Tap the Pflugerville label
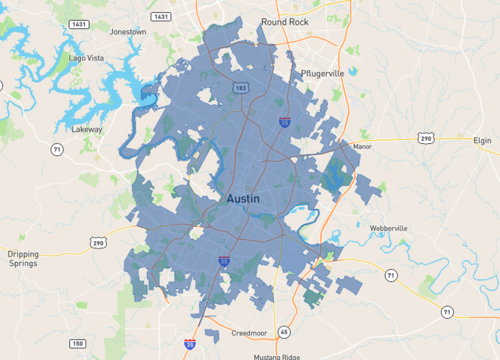coord(322,74)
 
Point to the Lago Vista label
coord(86,58)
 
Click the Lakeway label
coord(88,129)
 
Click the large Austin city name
coord(243,199)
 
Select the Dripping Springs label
coord(22,259)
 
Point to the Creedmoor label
coord(248,331)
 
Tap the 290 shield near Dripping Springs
coord(98,243)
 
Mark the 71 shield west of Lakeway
coord(57,149)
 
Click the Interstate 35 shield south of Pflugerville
coord(285,123)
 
